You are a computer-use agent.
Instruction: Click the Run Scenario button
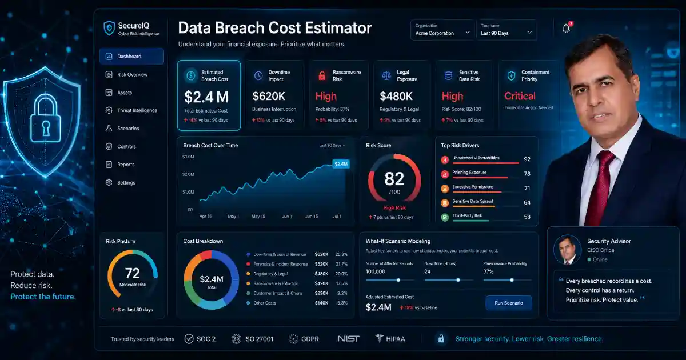pos(508,303)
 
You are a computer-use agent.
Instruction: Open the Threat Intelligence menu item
pos(137,110)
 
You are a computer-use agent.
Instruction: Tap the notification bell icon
pos(566,29)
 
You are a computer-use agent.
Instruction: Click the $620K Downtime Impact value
pos(269,96)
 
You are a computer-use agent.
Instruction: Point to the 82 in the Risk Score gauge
pos(394,179)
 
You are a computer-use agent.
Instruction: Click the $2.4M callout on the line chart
pos(341,164)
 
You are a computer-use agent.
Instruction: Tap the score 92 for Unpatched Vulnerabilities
pos(527,159)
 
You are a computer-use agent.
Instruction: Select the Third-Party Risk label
pos(467,216)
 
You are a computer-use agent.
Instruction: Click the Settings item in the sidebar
pos(126,183)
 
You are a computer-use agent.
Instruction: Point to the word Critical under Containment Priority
pos(520,96)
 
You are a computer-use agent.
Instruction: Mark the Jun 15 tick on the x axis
pos(312,217)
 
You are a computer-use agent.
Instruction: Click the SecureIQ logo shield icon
pos(109,28)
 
